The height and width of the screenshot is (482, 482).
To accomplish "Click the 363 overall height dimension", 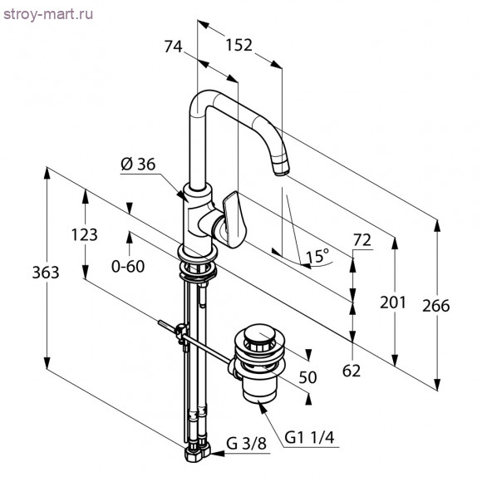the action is click(46, 273).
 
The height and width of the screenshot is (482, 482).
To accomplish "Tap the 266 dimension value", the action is click(436, 306).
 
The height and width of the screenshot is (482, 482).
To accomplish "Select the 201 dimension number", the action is click(393, 302).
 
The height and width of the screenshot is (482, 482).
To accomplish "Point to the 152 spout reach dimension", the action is click(239, 45).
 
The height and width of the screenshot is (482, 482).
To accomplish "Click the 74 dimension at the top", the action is click(173, 47).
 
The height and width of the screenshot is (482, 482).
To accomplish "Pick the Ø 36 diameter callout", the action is click(138, 165).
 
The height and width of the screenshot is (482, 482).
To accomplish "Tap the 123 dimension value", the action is click(84, 235).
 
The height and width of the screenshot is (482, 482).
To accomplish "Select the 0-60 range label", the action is click(128, 266).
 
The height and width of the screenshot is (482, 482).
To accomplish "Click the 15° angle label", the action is click(317, 256).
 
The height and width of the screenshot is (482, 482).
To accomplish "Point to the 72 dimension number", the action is click(362, 240).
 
